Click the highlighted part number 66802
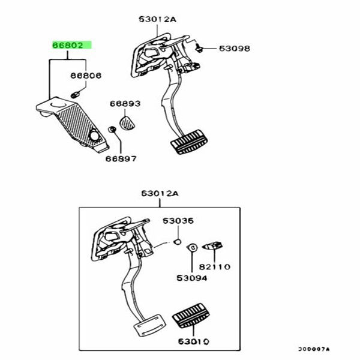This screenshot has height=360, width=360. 71,44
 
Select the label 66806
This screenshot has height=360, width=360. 86,76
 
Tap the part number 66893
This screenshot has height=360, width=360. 125,104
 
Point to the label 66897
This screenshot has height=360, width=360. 121,159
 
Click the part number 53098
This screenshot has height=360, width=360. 233,48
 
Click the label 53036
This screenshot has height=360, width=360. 178,221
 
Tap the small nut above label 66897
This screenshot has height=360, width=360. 112,130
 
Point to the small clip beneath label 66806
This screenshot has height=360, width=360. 76,94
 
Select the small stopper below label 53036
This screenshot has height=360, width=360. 177,242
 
